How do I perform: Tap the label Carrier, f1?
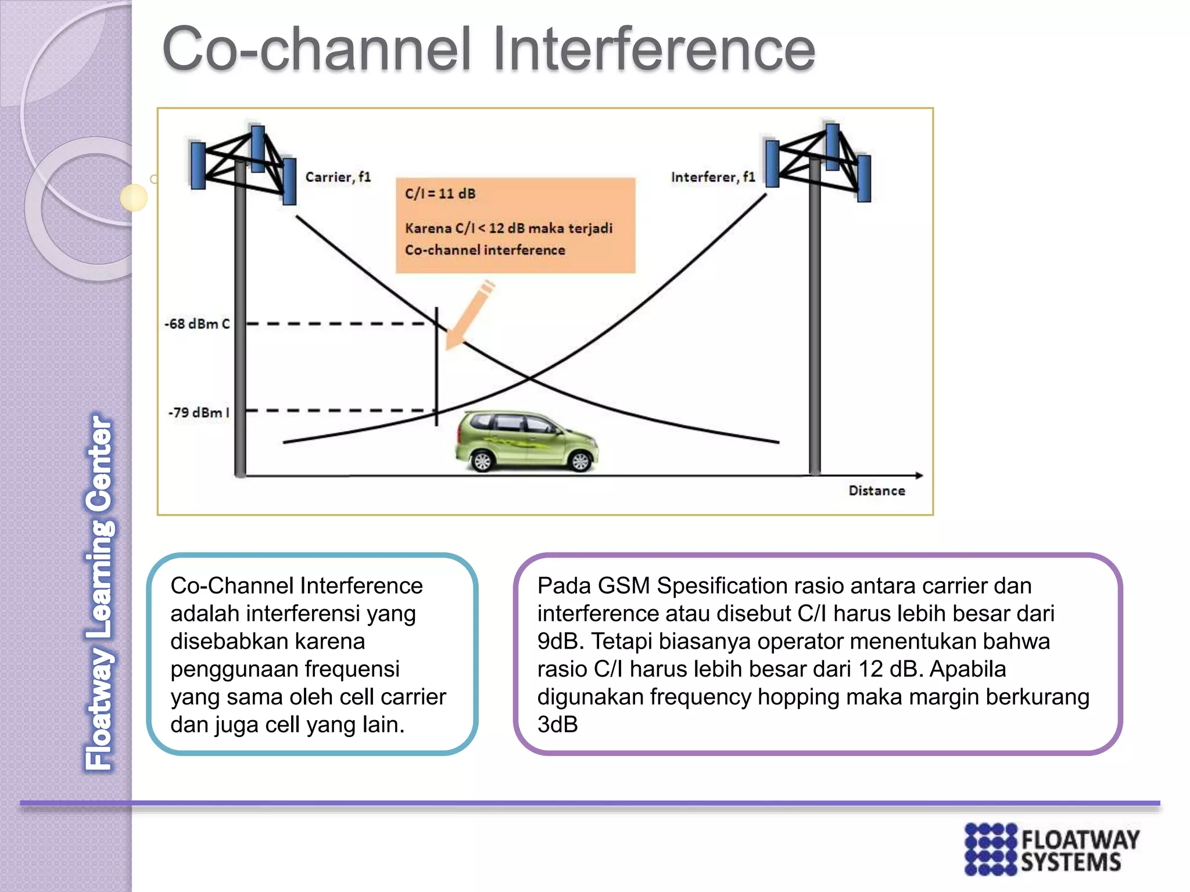pos(338,177)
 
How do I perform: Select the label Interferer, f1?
pos(713,177)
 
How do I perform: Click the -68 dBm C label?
pos(198,324)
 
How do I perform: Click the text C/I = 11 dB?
pos(440,194)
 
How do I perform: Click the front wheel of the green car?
pos(580,461)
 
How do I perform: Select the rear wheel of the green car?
pos(482,461)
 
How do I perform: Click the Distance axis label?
pos(876,491)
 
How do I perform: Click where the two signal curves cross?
pos(529,379)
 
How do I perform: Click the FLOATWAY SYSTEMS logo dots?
pos(991,849)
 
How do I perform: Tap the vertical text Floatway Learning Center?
pos(99,592)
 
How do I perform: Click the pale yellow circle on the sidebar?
pos(134,197)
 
